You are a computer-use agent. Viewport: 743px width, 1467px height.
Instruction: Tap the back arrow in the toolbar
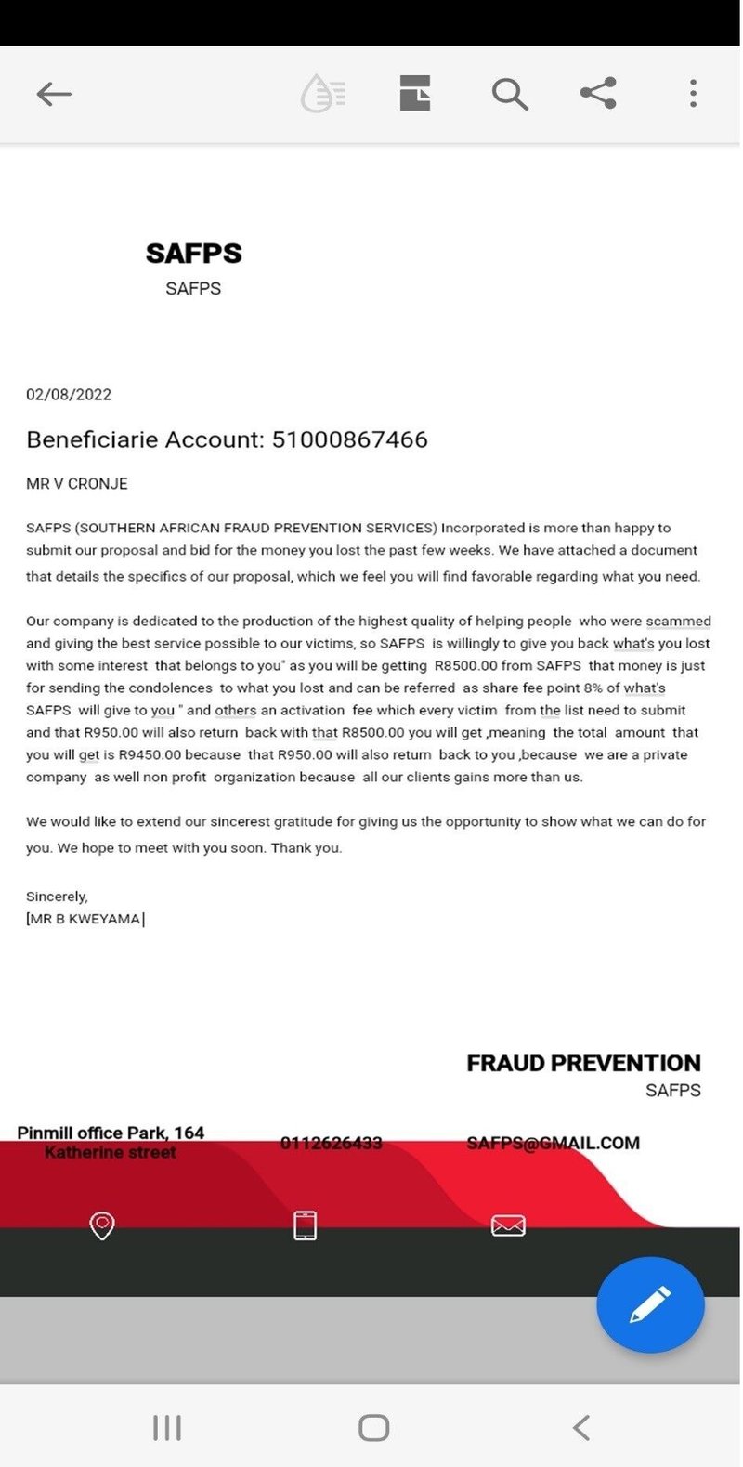point(54,94)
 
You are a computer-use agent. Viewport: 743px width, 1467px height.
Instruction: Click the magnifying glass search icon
point(509,94)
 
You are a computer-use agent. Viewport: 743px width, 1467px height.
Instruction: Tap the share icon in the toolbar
point(598,93)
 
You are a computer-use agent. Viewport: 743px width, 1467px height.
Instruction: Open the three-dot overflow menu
point(693,93)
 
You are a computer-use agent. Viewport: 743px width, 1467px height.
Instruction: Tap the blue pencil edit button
point(650,1304)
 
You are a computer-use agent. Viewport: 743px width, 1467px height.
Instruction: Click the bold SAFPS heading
point(193,253)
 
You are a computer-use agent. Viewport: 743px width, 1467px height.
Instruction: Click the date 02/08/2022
point(69,394)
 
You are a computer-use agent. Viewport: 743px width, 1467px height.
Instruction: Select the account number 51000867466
point(349,439)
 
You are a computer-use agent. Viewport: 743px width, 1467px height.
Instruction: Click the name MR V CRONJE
point(77,484)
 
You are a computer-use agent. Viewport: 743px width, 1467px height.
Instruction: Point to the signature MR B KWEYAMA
point(85,919)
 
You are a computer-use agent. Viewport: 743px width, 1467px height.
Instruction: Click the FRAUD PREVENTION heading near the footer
point(583,1063)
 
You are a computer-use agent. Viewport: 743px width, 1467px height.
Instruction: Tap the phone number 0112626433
point(332,1143)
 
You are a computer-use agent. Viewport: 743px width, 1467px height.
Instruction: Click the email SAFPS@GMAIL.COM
point(553,1143)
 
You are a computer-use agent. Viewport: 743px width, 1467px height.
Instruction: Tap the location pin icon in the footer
point(102,1225)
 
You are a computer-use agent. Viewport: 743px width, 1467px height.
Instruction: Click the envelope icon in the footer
point(508,1225)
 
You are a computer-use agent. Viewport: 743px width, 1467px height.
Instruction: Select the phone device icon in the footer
point(306,1225)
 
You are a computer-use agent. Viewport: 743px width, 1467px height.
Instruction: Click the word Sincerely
point(57,897)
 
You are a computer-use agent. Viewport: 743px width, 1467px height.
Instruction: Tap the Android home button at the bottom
point(373,1427)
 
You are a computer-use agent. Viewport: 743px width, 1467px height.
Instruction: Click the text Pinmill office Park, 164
point(111,1133)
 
